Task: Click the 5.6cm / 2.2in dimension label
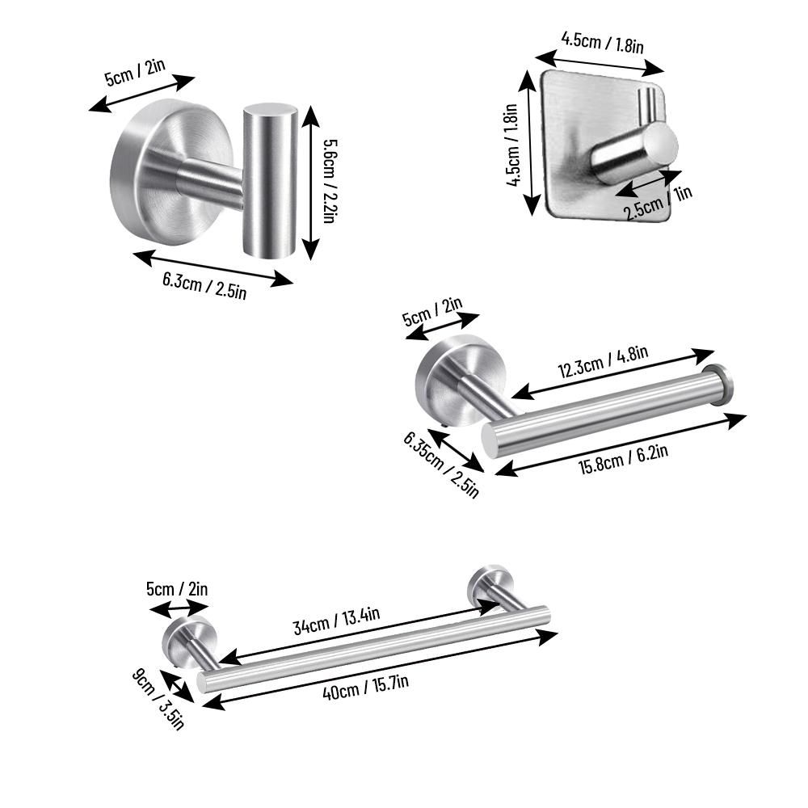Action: tap(330, 181)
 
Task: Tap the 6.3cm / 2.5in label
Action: tap(204, 285)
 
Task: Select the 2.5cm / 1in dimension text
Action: tap(658, 203)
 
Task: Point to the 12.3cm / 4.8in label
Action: tap(604, 361)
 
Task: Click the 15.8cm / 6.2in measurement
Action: tap(624, 458)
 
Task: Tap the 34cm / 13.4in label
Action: tap(336, 621)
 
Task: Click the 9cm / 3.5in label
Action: tap(158, 699)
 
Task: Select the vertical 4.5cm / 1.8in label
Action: tap(512, 145)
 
